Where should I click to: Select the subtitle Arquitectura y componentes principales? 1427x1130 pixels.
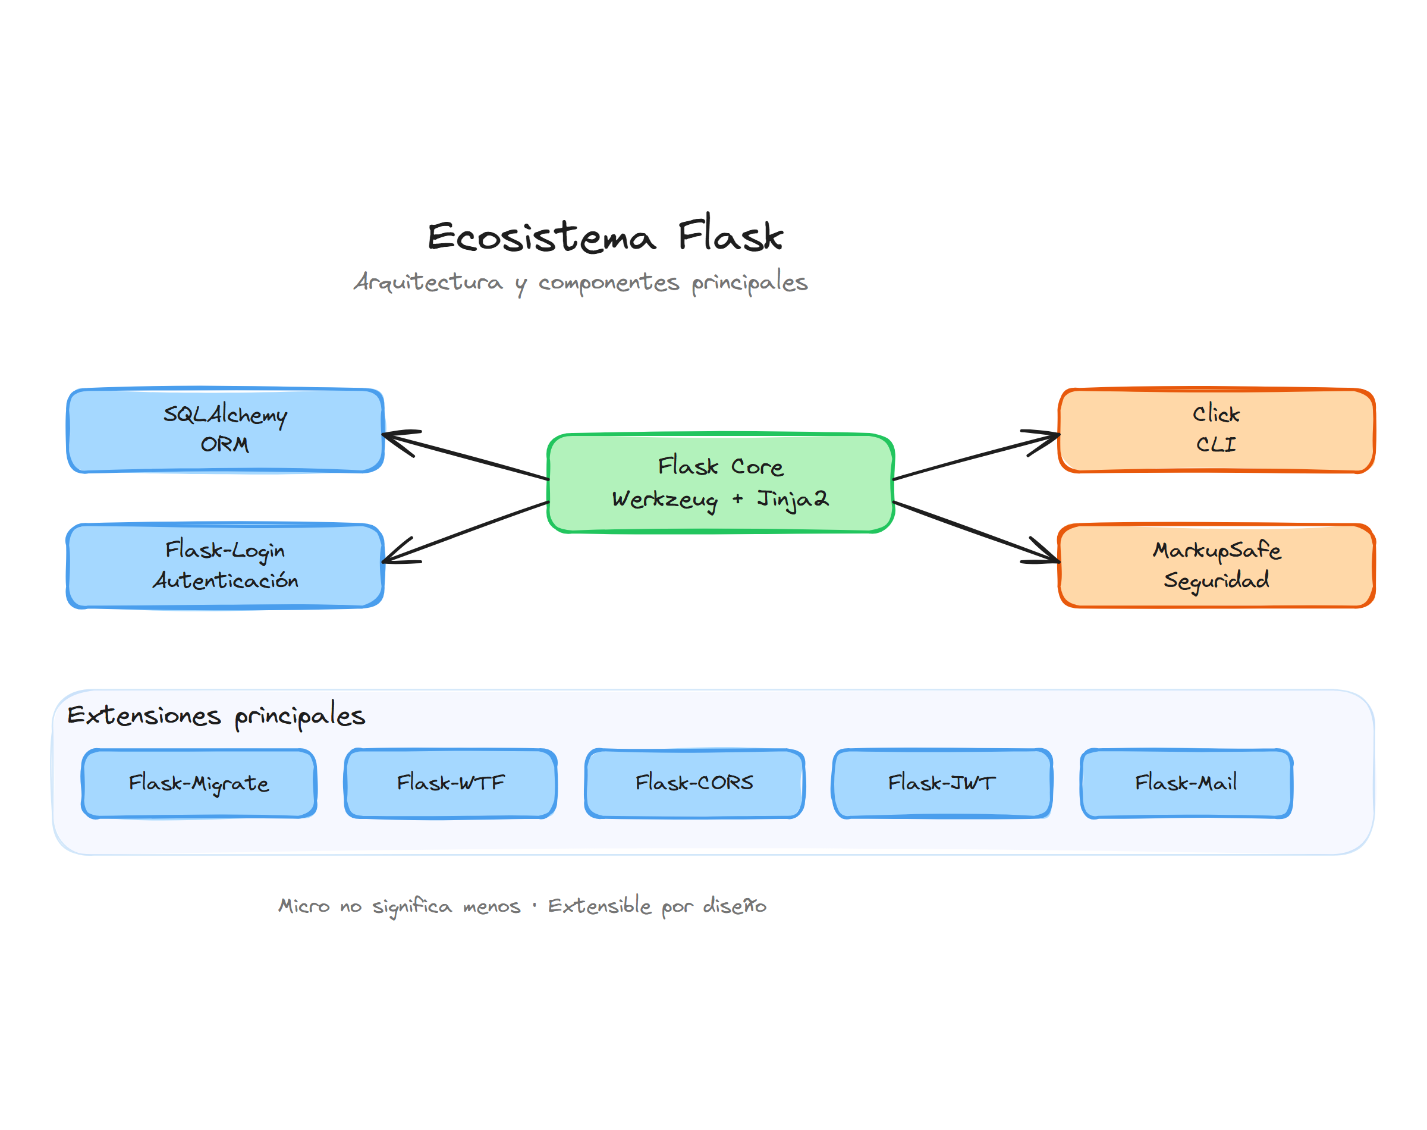[580, 282]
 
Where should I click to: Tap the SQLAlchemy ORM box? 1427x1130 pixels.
[225, 430]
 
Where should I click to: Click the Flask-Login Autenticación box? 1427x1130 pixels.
[225, 566]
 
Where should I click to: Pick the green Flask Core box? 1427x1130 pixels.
[720, 483]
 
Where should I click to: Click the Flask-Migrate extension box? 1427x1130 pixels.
[199, 783]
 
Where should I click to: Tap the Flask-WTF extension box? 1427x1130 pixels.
[450, 783]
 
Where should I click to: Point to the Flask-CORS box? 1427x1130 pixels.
[694, 783]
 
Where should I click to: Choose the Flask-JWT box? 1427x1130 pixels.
[941, 783]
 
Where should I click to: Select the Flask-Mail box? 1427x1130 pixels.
[1186, 783]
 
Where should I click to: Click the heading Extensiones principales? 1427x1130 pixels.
[216, 716]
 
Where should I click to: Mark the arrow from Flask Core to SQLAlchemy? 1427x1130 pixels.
[466, 457]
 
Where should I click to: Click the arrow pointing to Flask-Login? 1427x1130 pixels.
[466, 532]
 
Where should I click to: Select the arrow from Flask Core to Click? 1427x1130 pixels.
[975, 457]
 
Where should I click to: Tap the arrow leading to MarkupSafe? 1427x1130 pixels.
[975, 532]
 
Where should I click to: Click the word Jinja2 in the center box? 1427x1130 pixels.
[792, 499]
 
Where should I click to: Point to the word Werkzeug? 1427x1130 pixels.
[664, 500]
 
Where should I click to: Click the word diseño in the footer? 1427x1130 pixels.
[734, 906]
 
